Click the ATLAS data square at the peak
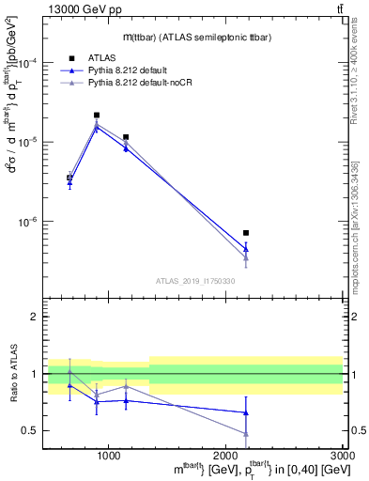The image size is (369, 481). [97, 115]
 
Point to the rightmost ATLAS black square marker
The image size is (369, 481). [246, 232]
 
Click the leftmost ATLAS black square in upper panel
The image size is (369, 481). [69, 178]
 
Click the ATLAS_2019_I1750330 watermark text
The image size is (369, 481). [194, 281]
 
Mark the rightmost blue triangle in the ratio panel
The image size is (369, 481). [246, 412]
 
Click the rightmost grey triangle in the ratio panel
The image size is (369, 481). [246, 433]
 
